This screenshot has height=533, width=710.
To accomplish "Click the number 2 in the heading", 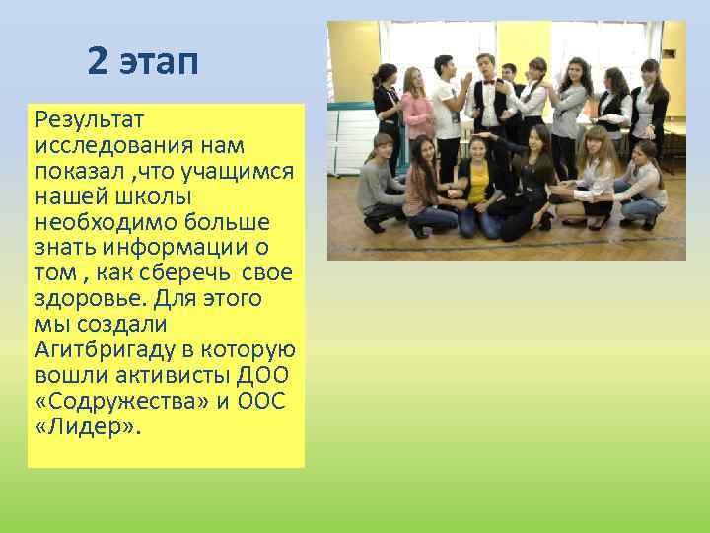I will (x=97, y=61).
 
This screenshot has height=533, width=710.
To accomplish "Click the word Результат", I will (x=90, y=120).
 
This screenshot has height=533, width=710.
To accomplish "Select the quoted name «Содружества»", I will (x=123, y=401).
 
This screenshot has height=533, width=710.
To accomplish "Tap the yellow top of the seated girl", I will (x=477, y=182).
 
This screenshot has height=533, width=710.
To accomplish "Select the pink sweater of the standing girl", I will (x=418, y=114).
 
